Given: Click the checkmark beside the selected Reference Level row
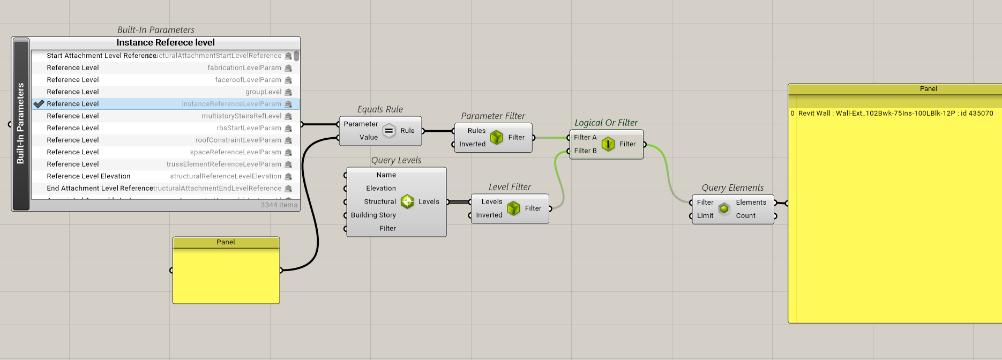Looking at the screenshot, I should click(x=39, y=104).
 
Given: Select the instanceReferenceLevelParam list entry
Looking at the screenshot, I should click(x=231, y=104).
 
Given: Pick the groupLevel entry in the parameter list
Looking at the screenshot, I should click(x=263, y=92).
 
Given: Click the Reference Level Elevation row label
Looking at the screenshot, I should click(x=88, y=176).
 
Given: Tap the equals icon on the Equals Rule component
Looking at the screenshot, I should click(x=389, y=131).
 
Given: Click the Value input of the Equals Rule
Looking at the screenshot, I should click(x=368, y=138).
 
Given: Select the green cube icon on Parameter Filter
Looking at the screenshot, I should click(x=497, y=138).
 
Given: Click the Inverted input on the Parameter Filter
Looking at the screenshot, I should click(x=472, y=144).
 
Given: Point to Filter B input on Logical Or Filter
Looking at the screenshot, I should click(x=585, y=151).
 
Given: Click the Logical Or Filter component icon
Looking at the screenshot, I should click(x=608, y=144).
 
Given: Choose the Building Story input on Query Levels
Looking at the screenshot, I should click(x=373, y=215).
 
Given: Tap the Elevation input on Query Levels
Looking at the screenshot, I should click(x=380, y=189).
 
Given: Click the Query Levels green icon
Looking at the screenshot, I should click(x=407, y=202).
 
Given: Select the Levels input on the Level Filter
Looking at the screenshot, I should click(x=491, y=202).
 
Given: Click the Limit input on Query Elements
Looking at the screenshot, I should click(x=705, y=216).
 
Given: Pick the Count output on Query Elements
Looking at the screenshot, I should click(x=745, y=216).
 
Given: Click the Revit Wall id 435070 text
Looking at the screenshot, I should click(x=895, y=114).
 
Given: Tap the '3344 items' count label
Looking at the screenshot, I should click(x=279, y=205).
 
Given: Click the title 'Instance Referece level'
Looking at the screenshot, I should click(x=166, y=43).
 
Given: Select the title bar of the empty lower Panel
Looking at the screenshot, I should click(x=226, y=242).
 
